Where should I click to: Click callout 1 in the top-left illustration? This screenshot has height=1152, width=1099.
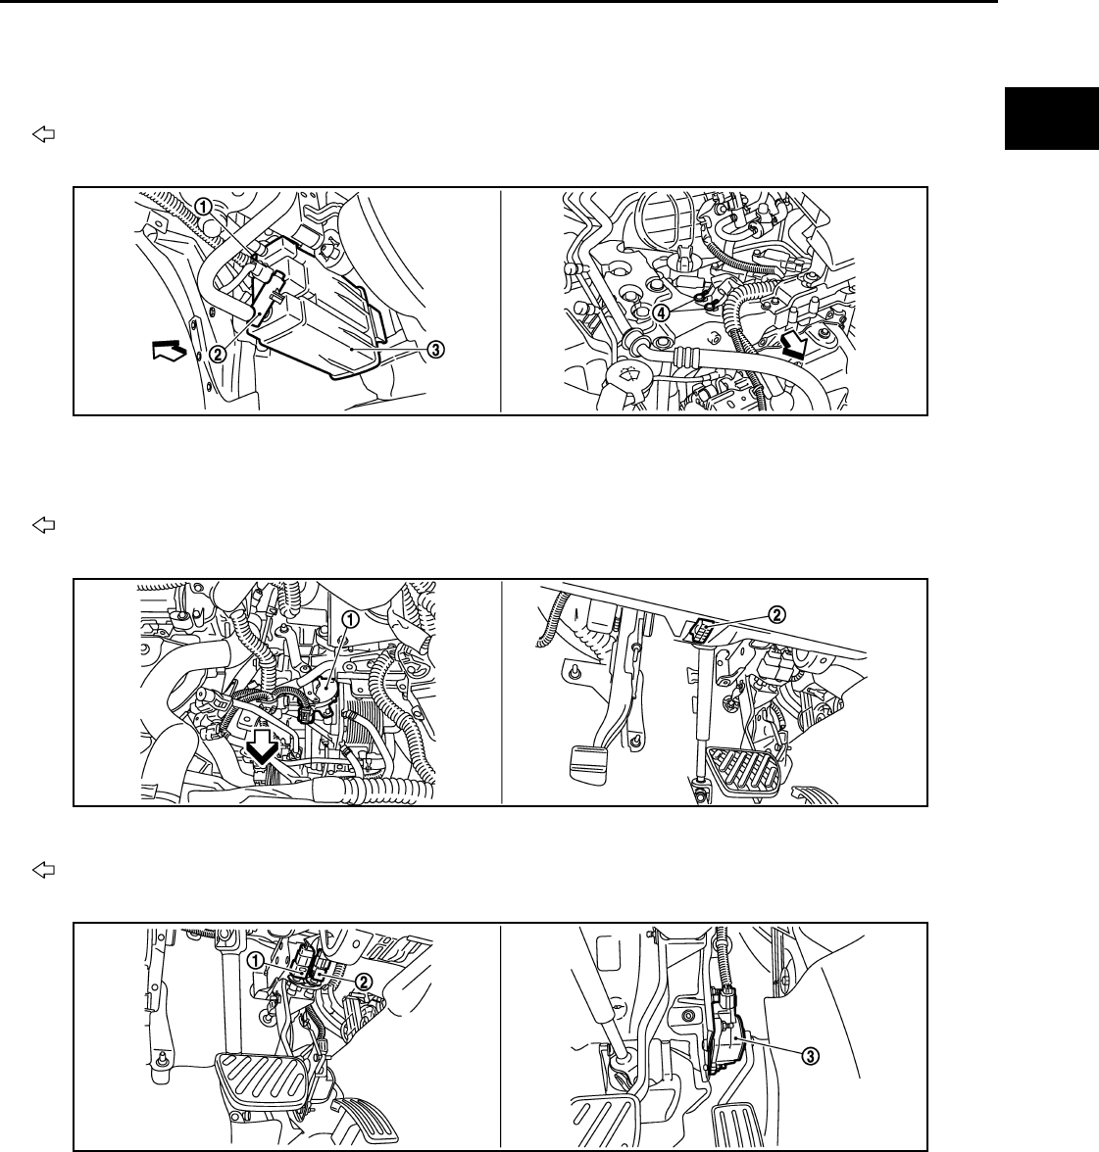click(x=204, y=208)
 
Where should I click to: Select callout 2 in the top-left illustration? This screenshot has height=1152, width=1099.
click(x=218, y=354)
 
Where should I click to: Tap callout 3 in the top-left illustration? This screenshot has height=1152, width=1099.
click(x=436, y=350)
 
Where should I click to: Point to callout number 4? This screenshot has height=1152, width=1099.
click(x=662, y=312)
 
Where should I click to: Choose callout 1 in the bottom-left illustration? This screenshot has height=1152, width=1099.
click(x=257, y=960)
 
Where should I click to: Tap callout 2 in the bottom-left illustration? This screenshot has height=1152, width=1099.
click(x=363, y=982)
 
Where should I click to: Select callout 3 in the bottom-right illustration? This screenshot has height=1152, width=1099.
click(x=810, y=1056)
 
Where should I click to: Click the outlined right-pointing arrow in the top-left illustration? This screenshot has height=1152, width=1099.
click(x=170, y=350)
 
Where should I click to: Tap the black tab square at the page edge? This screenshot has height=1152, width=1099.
click(x=1051, y=119)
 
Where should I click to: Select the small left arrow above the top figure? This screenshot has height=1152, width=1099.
click(x=44, y=134)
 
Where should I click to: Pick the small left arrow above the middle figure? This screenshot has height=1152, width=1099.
click(x=44, y=525)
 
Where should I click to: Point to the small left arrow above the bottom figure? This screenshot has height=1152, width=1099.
click(x=44, y=870)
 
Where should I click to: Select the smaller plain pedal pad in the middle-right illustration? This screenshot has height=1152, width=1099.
click(x=591, y=767)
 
